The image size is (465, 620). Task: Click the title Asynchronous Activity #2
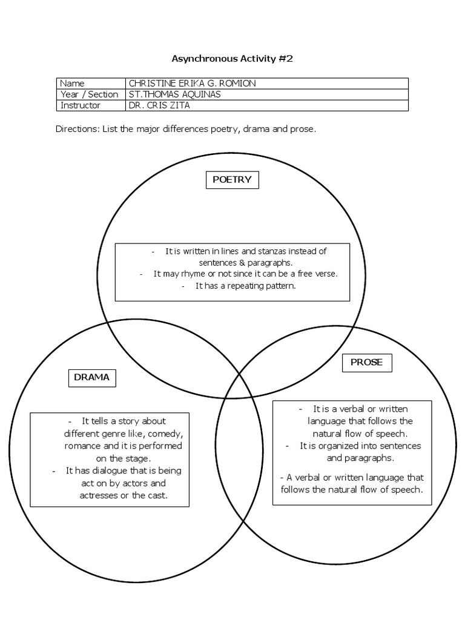[232, 59]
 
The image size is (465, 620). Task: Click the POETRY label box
[232, 179]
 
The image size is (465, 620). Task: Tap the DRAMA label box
[91, 377]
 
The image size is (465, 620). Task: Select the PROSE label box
[366, 363]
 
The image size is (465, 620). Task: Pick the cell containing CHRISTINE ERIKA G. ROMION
[188, 84]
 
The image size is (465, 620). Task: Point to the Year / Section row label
[90, 94]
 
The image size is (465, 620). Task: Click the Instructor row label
[81, 105]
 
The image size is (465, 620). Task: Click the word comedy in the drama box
[158, 434]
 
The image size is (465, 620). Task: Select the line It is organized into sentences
[360, 446]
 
